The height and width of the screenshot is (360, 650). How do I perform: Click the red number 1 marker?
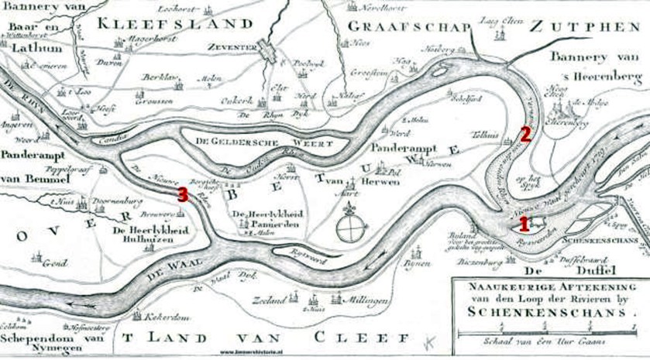click(524, 225)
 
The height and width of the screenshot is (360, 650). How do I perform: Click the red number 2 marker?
click(524, 134)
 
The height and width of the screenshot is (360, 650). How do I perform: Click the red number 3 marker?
click(182, 194)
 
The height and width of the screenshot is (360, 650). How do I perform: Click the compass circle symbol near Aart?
click(353, 229)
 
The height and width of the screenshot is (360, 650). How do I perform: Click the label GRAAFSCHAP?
click(409, 26)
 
